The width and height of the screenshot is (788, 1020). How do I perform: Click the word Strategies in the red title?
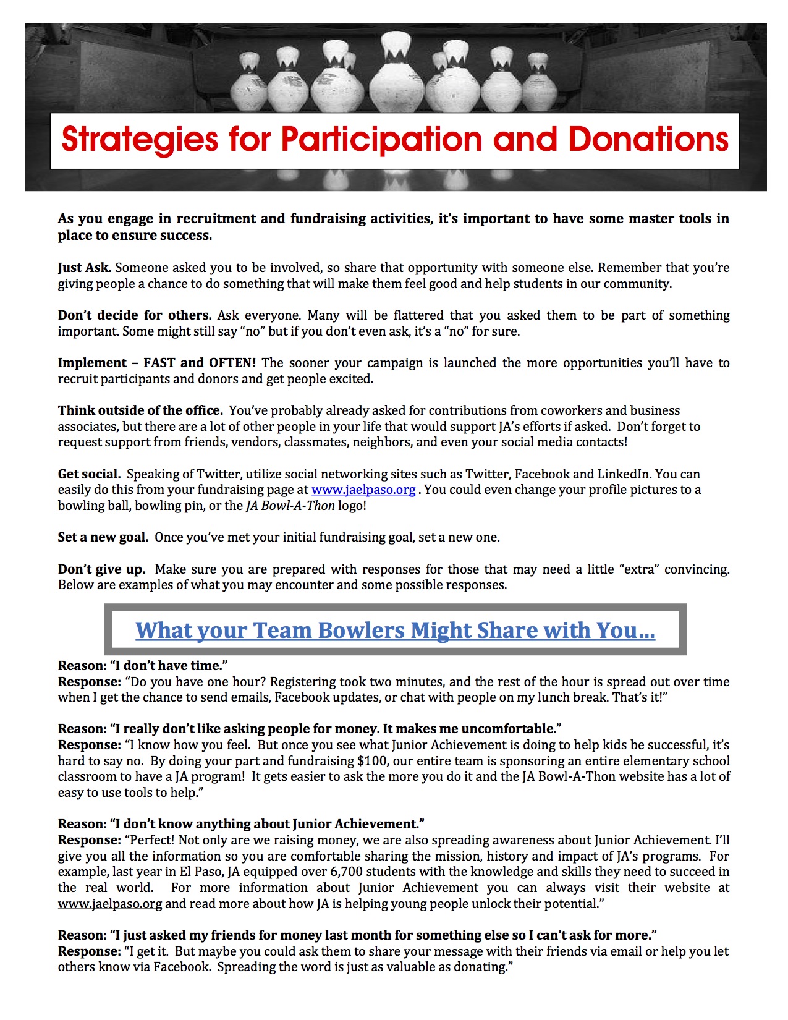click(139, 140)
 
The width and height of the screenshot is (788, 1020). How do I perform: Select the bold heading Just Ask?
click(85, 268)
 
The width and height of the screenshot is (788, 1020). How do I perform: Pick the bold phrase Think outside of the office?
click(140, 410)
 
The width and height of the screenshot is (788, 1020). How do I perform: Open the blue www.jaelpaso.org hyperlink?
click(363, 490)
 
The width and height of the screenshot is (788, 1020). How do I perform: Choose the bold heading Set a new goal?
click(103, 537)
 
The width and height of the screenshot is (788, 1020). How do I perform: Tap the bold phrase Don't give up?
click(102, 569)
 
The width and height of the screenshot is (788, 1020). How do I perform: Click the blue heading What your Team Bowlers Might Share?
click(395, 630)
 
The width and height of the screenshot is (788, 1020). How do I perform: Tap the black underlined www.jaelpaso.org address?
click(110, 904)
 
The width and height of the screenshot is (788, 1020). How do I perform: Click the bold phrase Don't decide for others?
click(135, 315)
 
